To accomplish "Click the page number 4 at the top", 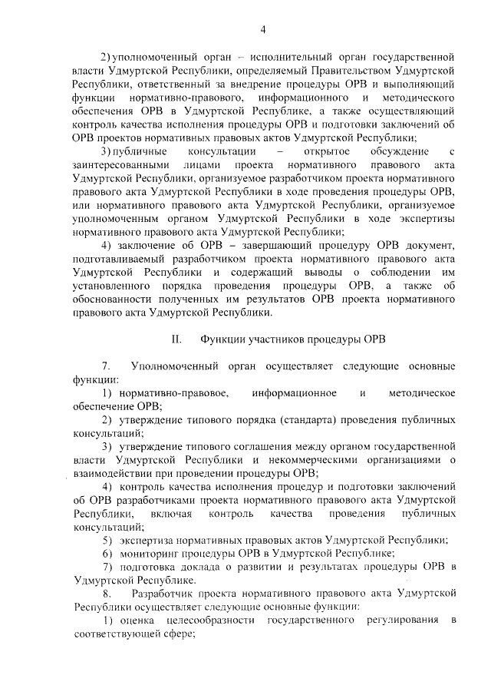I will (262, 30).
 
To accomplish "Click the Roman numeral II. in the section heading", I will (176, 339).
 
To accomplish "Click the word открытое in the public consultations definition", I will (326, 152).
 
